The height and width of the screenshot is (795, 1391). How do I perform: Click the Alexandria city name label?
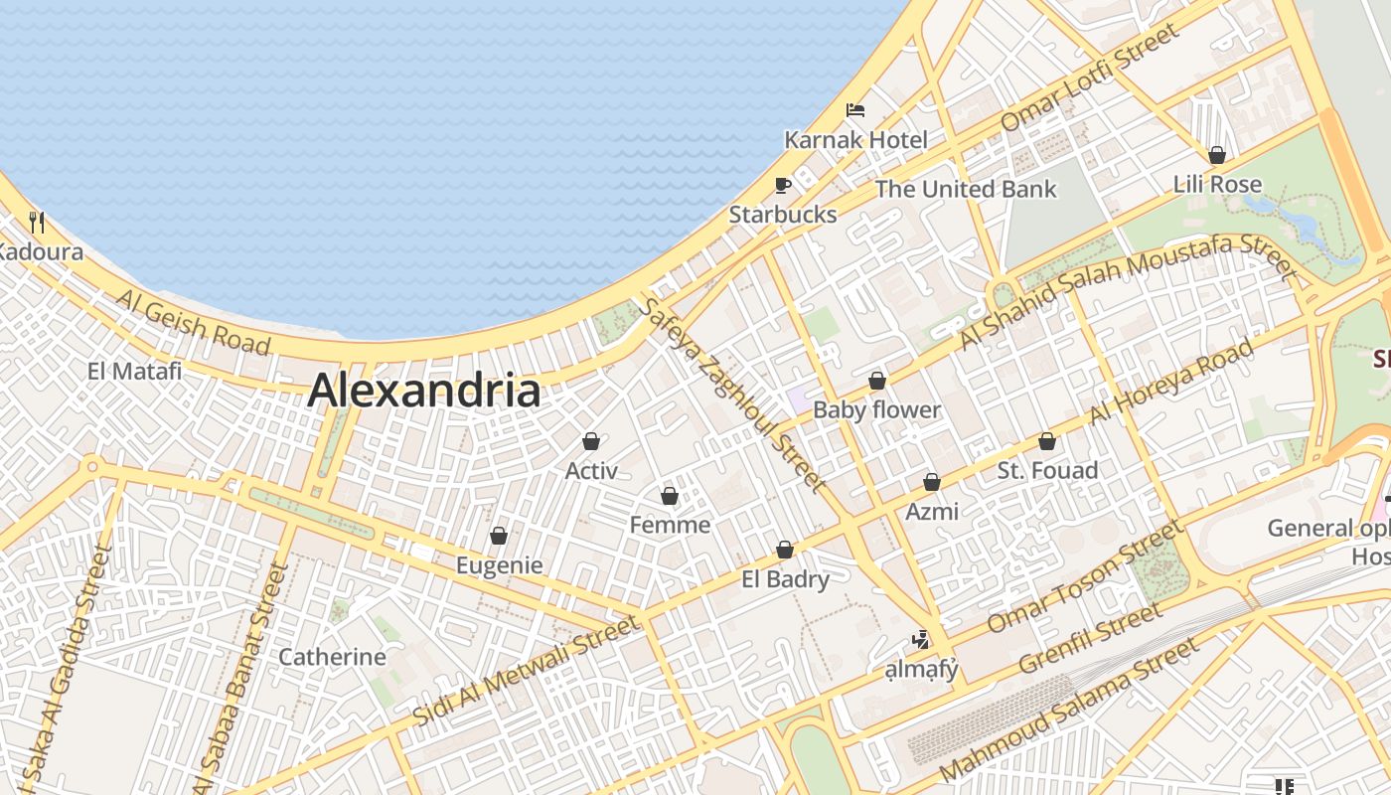coord(424,391)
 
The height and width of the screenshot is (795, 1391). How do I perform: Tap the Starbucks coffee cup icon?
coord(783,185)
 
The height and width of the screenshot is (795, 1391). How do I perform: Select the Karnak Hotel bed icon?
coord(855,110)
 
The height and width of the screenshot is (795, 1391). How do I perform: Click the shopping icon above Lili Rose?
coord(1217,155)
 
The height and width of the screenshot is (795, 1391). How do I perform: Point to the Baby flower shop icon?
coord(877,381)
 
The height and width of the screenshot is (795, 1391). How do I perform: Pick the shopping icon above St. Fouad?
coord(1047,441)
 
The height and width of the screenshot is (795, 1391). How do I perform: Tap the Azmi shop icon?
coord(932,482)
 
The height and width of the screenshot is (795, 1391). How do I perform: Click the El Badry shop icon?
coord(785,550)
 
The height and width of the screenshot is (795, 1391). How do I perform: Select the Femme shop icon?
coord(670,495)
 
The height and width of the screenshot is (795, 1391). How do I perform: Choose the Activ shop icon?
coord(591,441)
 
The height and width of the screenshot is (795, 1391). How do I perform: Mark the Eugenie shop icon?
coord(499,536)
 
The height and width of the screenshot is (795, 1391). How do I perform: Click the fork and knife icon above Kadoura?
coord(38,222)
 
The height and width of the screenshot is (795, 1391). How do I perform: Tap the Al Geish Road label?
coord(193,322)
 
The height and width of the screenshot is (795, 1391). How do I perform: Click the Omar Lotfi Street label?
coord(1089,78)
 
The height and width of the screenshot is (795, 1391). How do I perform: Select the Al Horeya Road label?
coord(1171,382)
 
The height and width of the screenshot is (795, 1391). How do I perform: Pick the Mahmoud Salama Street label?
coord(1068,710)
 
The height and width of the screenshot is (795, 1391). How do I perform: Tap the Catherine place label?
coord(332,657)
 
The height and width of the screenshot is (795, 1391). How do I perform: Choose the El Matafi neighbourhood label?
coord(134,372)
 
